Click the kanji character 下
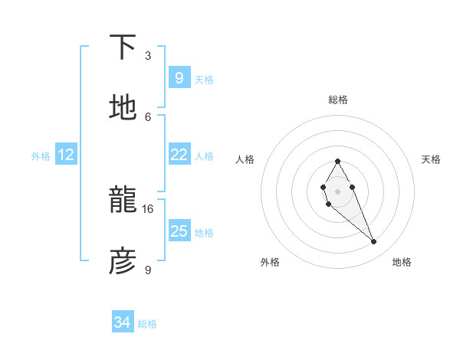pyautogui.click(x=123, y=48)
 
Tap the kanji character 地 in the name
pyautogui.click(x=123, y=108)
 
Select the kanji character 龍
pyautogui.click(x=123, y=201)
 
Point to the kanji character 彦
pyautogui.click(x=123, y=261)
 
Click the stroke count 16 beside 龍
pyautogui.click(x=148, y=208)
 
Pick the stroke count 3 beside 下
pyautogui.click(x=148, y=55)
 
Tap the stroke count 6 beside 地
pyautogui.click(x=148, y=116)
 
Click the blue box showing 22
pyautogui.click(x=179, y=155)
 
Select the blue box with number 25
pyautogui.click(x=179, y=231)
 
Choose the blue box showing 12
pyautogui.click(x=66, y=155)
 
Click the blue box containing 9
pyautogui.click(x=179, y=77)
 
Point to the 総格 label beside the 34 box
pyautogui.click(x=147, y=324)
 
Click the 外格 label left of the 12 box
pyautogui.click(x=41, y=156)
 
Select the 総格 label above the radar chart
pyautogui.click(x=338, y=100)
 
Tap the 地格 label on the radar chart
pyautogui.click(x=402, y=262)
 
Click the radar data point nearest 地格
pyautogui.click(x=374, y=242)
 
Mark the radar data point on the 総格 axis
pyautogui.click(x=337, y=161)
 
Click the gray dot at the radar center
pyautogui.click(x=337, y=190)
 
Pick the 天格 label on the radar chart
pyautogui.click(x=431, y=159)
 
